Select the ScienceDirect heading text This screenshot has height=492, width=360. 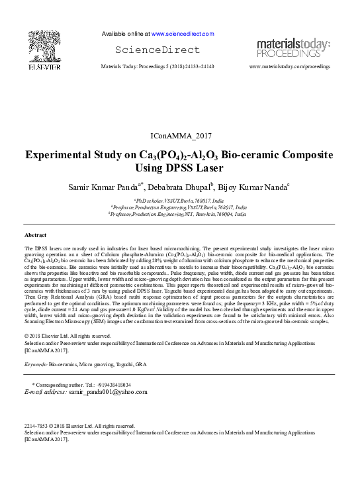click(157, 50)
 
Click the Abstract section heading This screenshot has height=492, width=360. click(36, 235)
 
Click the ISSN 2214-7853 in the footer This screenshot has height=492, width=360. click(37, 426)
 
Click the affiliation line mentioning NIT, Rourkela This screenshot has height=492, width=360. click(180, 215)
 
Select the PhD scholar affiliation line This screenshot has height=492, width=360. click(179, 200)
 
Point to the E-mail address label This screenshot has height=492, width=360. click(45, 393)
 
